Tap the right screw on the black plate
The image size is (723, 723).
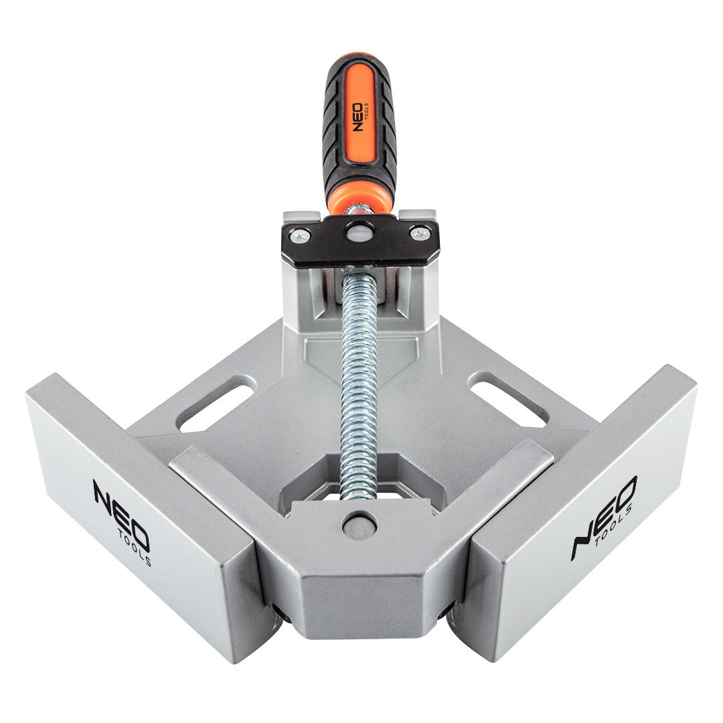(x=419, y=234)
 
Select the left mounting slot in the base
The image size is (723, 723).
(x=216, y=404)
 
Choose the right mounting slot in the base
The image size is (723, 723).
(x=507, y=400)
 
